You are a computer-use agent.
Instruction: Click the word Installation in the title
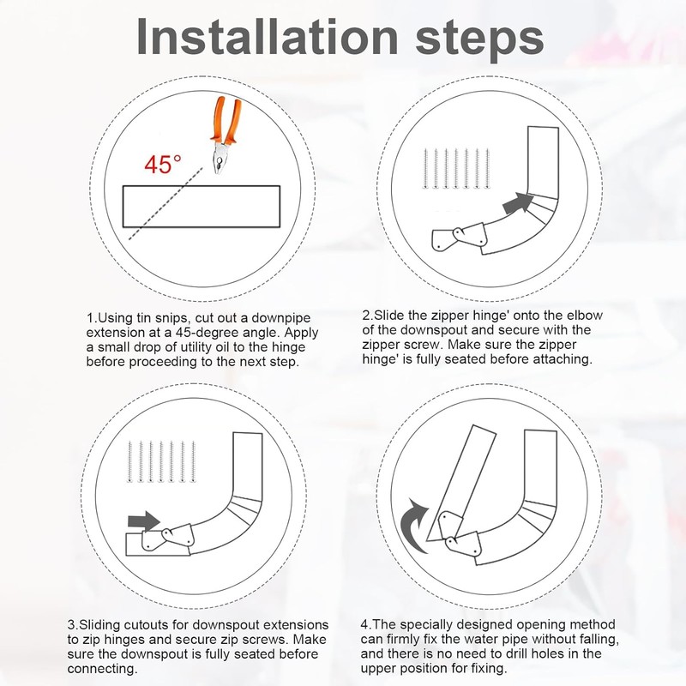coord(267,37)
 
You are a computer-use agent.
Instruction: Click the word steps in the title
coord(479,40)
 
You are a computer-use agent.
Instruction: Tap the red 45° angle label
coord(163,165)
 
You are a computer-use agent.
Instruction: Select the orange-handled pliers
coord(225,135)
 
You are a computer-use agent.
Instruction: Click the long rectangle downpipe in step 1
coord(202,207)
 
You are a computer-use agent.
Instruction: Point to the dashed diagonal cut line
coord(165,203)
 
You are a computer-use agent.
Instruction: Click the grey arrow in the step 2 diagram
coord(519,203)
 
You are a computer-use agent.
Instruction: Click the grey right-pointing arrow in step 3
coord(144,521)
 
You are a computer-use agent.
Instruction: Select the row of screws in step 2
coord(455,169)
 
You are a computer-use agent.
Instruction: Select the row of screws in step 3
coord(161,462)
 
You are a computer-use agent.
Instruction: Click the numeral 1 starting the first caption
coord(90,318)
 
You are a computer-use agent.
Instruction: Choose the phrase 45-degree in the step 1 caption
coord(213,333)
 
